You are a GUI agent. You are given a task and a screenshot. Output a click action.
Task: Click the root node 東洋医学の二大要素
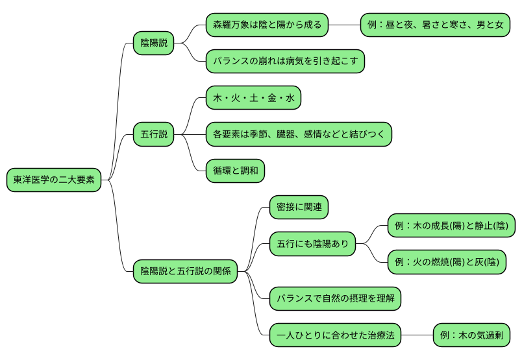tap(54, 180)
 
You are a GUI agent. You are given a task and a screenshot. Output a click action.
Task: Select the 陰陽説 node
tap(154, 43)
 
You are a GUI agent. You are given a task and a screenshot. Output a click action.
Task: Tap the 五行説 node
tap(154, 135)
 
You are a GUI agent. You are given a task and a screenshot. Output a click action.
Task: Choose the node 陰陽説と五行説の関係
tap(185, 271)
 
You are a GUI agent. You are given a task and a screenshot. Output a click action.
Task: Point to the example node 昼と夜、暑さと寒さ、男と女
tap(435, 25)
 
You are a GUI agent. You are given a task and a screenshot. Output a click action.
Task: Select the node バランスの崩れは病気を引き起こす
tap(285, 62)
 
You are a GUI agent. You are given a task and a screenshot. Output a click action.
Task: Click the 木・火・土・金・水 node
tap(253, 98)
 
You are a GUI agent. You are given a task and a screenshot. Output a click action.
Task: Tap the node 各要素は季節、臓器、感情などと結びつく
tap(299, 134)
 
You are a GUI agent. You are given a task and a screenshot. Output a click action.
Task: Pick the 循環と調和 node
tap(235, 171)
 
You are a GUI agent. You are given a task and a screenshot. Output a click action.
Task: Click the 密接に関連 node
tap(299, 208)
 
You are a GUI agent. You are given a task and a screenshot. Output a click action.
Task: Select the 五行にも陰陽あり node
tap(312, 244)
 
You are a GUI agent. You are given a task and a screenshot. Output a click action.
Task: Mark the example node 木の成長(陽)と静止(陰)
tap(451, 226)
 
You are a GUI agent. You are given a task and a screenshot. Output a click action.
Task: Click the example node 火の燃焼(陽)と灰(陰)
tap(447, 262)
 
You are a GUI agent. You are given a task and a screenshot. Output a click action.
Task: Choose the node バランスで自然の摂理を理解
tap(335, 298)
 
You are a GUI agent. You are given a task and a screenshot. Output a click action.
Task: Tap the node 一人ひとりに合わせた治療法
tap(335, 335)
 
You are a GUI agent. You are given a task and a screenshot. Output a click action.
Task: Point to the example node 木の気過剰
tap(471, 335)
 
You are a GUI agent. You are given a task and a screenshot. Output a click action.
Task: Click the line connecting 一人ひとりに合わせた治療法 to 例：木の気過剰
tap(417, 335)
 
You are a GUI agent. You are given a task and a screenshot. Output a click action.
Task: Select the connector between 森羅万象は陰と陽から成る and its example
tap(345, 25)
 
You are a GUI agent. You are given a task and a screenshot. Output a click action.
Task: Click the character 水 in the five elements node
tap(290, 98)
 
